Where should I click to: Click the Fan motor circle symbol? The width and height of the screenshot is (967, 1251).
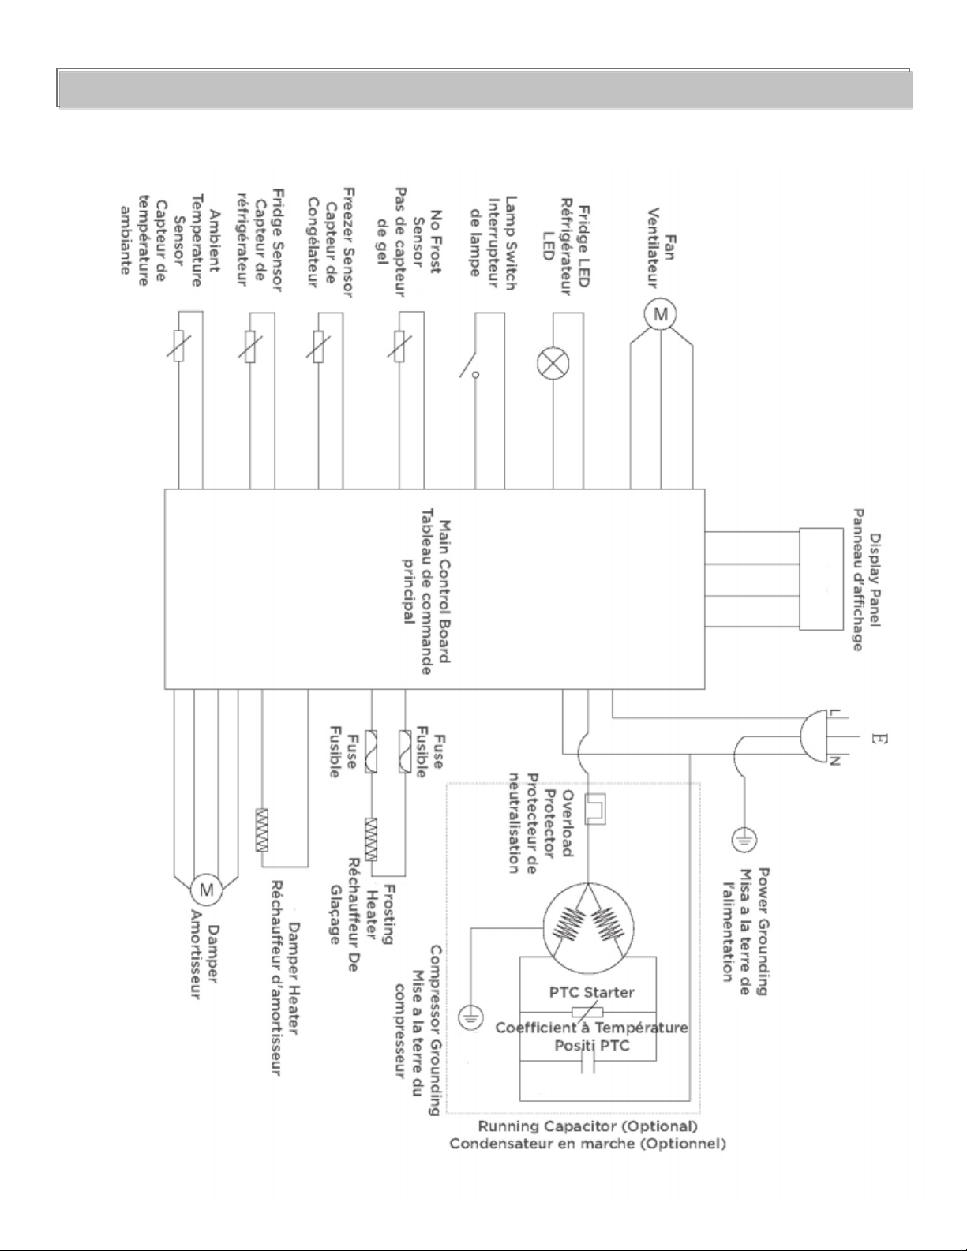pos(660,314)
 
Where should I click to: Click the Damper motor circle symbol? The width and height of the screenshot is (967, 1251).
pos(207,890)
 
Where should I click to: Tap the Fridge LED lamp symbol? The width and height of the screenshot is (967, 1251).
pos(553,364)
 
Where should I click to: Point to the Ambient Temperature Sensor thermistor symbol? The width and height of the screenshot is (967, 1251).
pos(178,346)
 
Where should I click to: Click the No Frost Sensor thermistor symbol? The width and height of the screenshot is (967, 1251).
pos(399,346)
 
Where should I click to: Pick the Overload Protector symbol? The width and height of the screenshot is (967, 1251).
pos(595,809)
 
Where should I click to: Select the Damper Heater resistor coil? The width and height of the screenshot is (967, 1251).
pos(262,830)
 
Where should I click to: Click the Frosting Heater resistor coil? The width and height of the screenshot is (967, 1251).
pos(371,839)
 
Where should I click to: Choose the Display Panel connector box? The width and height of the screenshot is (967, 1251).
pos(822,579)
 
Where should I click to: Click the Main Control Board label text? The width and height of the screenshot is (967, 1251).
pos(445,592)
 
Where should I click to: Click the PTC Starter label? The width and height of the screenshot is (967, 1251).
pos(592,992)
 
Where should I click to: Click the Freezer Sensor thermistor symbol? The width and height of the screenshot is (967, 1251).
pos(318,346)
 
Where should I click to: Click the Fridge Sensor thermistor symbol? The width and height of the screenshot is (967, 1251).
pos(249,346)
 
